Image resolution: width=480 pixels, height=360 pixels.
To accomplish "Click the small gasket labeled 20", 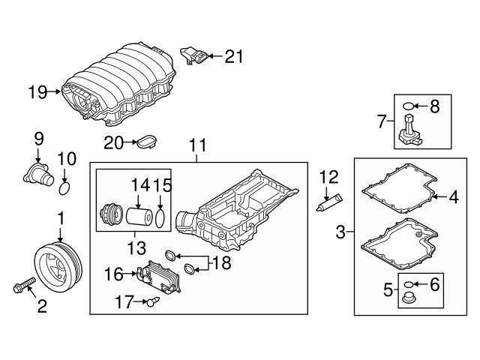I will coord(147,140).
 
